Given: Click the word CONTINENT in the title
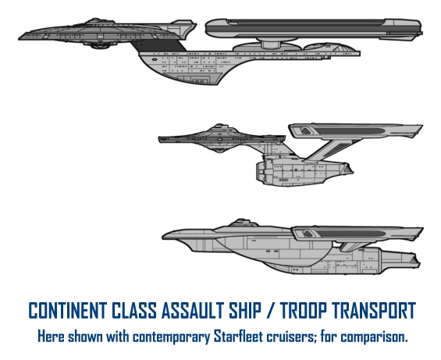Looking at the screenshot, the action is pos(68,310).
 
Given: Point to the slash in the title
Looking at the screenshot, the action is pos(272,310).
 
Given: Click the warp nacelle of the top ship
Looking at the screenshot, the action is pos(314,28).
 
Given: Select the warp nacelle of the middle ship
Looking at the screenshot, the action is pos(356,131).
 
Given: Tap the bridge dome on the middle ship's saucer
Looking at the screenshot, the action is pos(219,126).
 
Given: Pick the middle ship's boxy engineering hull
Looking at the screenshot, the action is pos(302,171).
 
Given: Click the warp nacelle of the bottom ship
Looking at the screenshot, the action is pos(357,233).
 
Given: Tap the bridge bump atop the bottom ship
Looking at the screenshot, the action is pos(243,223).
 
